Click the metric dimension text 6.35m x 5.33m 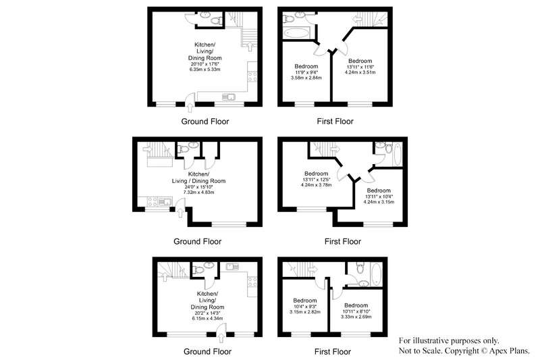205,70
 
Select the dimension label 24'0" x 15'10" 198,186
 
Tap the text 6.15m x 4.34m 207,319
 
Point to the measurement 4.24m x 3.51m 360,72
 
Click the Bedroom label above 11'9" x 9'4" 306,66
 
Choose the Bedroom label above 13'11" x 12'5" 316,174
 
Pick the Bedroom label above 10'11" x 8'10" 356,305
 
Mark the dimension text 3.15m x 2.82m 305,312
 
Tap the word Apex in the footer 497,351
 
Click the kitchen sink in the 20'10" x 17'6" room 228,97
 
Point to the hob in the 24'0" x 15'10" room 153,201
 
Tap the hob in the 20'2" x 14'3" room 252,282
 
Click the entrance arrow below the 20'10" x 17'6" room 190,107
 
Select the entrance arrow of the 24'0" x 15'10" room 180,213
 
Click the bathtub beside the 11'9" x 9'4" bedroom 297,33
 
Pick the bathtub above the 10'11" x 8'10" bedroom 376,274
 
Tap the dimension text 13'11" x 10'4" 379,197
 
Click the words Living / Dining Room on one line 198,181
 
